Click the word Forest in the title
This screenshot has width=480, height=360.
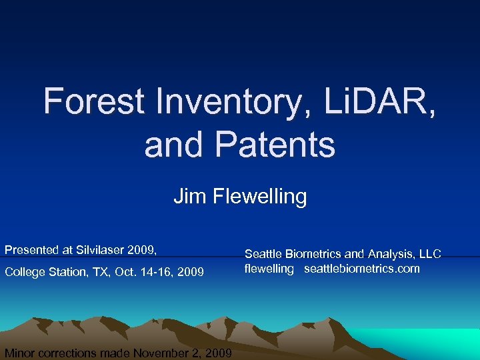pos(93,101)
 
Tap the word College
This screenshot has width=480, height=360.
pos(25,272)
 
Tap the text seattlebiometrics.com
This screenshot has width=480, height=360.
pos(362,269)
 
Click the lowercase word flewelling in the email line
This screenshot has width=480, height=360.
pos(269,269)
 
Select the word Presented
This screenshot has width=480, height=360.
pos(29,250)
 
